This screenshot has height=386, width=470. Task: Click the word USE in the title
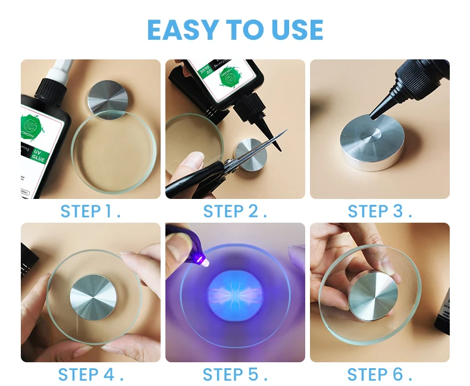point(295,30)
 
